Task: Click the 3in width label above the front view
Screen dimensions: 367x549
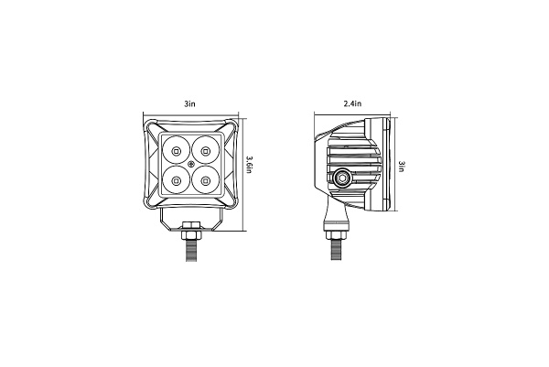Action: tap(189, 106)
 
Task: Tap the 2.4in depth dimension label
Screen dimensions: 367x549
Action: tap(353, 106)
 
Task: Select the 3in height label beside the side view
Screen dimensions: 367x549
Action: tap(404, 167)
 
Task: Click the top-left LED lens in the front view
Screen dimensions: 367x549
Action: tap(175, 148)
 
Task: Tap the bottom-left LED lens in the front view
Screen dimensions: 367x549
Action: tap(175, 178)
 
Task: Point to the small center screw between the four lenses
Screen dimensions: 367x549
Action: tap(189, 164)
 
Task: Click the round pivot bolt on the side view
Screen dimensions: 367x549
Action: tap(342, 178)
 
